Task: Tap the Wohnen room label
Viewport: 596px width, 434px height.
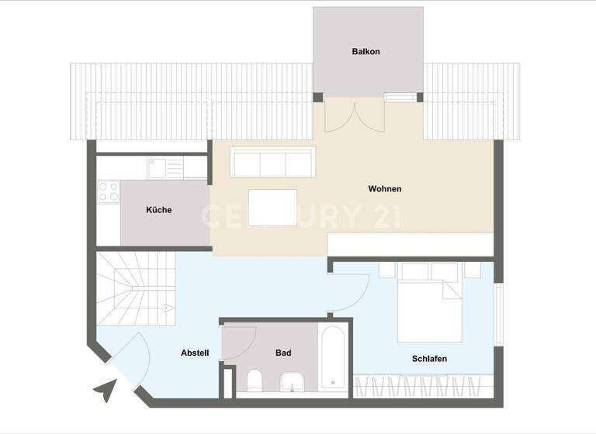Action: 385,189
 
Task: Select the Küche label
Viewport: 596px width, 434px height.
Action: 158,210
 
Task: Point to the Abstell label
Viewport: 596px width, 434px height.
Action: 195,353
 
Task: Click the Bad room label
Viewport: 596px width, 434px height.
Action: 283,353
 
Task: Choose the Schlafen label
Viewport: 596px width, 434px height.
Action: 429,359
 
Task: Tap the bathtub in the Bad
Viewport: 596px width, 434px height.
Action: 333,356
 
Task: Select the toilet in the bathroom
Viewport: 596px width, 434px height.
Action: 254,381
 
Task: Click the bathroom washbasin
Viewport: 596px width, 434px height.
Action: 291,381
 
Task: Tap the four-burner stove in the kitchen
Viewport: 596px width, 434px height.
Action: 108,191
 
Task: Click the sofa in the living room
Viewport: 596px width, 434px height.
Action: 272,162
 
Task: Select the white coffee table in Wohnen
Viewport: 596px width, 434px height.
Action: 272,207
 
